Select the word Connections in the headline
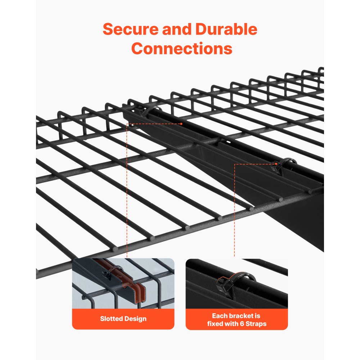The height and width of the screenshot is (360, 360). [x=182, y=49]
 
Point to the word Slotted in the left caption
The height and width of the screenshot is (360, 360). [x=112, y=319]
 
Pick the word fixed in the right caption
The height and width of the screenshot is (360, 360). [x=215, y=324]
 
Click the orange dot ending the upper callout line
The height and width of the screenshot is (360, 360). [x=181, y=123]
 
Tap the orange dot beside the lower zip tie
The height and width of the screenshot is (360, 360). [x=276, y=164]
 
